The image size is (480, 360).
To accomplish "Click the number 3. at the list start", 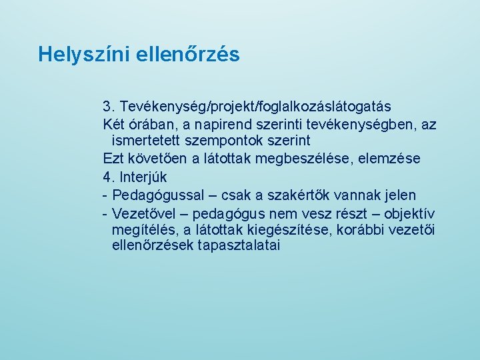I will [109, 107].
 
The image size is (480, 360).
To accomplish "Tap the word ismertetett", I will [147, 141].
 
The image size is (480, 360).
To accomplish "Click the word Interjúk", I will [144, 177].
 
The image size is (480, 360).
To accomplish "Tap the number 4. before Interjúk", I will [109, 177].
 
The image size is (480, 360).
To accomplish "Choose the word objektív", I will [409, 213].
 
